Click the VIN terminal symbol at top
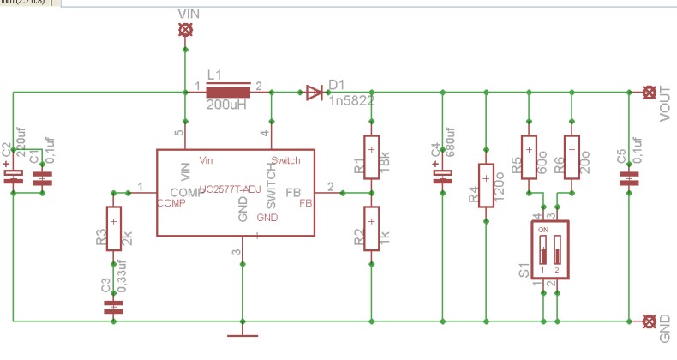tap(184, 29)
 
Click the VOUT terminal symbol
tap(650, 92)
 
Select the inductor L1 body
tap(228, 92)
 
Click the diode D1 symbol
tap(315, 92)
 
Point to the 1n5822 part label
tap(351, 100)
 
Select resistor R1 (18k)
tap(371, 157)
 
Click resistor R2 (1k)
tap(371, 229)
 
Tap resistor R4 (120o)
tap(486, 185)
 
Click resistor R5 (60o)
tap(529, 157)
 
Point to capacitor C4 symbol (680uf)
tap(442, 177)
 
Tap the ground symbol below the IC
tap(243, 332)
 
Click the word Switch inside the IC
tap(285, 160)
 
